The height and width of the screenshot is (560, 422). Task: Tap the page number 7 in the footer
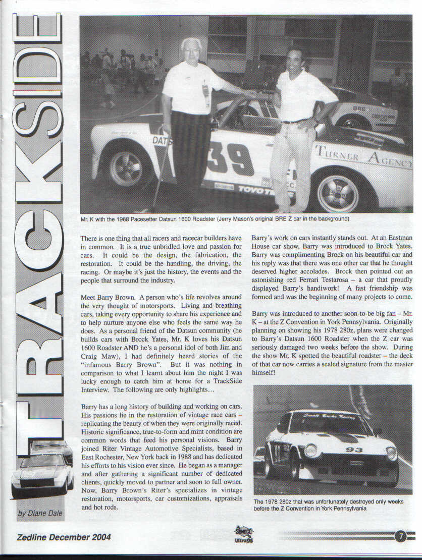point(400,536)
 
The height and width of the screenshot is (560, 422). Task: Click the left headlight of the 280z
point(310,450)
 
